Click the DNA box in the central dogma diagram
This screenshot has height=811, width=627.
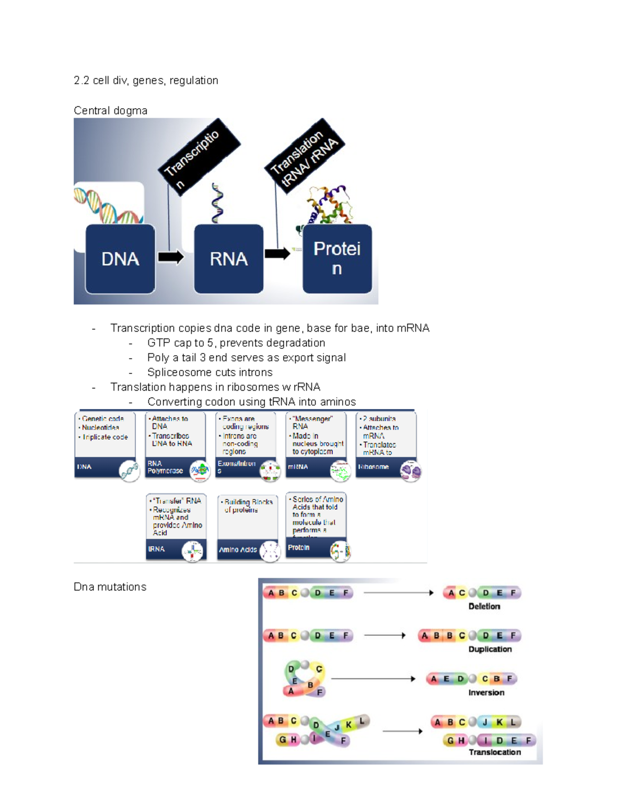[120, 259]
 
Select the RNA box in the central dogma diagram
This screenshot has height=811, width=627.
[228, 259]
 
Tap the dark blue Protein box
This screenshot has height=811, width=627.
[337, 258]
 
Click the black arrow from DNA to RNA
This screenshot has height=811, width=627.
[171, 257]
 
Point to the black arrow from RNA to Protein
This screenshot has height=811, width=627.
[277, 254]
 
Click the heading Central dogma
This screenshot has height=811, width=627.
[110, 111]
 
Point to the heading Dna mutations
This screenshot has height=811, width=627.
[110, 587]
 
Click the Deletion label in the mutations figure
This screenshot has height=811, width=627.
[484, 606]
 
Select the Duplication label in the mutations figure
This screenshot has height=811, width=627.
[490, 649]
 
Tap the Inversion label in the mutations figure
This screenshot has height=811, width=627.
[486, 692]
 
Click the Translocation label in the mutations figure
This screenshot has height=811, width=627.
[494, 752]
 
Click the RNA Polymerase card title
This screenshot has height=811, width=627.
[165, 467]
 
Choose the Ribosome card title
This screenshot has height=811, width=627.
[373, 466]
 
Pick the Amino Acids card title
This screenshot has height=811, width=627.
[238, 549]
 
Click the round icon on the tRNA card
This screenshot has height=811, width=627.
[192, 551]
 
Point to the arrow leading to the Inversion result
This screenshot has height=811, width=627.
[373, 679]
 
